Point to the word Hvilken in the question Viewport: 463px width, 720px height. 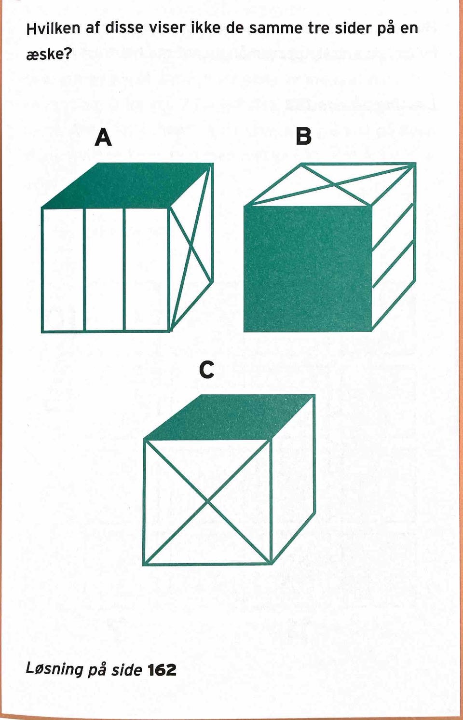[53, 29]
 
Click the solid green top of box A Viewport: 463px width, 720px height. [127, 185]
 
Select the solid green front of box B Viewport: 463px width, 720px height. [308, 269]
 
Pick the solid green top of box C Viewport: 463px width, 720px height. [229, 417]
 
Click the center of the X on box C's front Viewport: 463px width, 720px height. [207, 502]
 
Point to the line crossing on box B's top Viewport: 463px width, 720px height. [334, 184]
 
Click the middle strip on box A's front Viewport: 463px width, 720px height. [104, 270]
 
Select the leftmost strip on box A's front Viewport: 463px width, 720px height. [63, 270]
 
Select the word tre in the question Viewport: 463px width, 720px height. [318, 29]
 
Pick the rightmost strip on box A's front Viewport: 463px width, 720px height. [146, 270]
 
